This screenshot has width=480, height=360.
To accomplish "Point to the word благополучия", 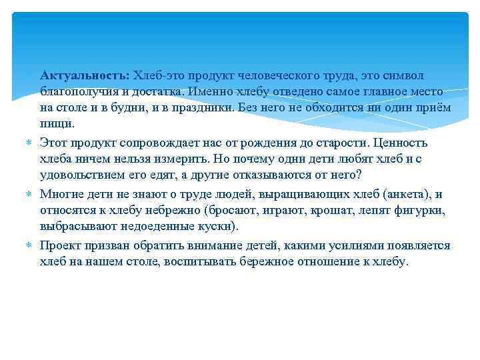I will click(74, 91).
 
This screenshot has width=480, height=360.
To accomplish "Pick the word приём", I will click(436, 107).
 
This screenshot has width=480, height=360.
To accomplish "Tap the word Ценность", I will click(401, 143).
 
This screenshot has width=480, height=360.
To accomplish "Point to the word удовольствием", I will click(82, 175).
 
